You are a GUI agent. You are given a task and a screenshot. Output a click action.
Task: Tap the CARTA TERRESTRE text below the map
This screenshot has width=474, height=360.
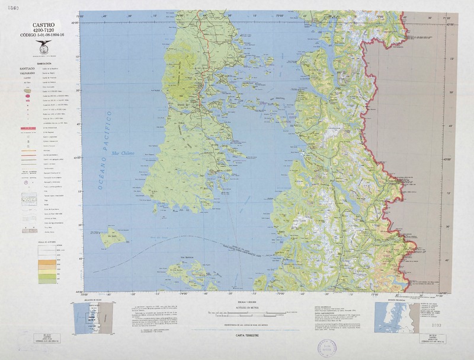coord(237,335)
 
